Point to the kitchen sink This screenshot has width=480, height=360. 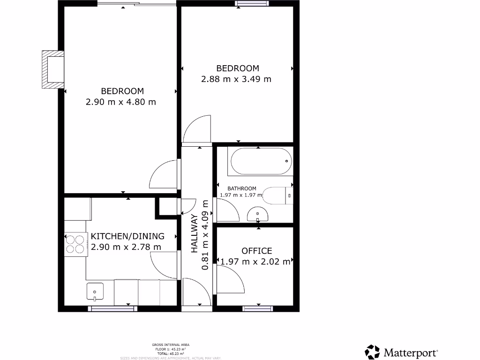[x=95, y=292]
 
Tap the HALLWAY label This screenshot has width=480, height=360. [x=194, y=233]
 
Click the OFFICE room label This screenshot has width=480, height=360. [x=256, y=251]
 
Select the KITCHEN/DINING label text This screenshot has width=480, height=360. [x=127, y=236]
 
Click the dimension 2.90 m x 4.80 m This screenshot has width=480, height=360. [x=121, y=102]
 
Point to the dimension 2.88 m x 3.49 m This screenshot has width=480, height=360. [x=236, y=79]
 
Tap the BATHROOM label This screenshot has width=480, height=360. [x=242, y=188]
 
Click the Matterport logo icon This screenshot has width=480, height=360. [x=373, y=352]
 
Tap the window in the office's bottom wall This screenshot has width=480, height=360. [x=258, y=308]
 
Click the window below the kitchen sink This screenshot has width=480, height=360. [x=112, y=308]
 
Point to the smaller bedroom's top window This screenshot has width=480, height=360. [x=253, y=4]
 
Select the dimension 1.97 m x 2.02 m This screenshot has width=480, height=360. [x=255, y=262]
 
